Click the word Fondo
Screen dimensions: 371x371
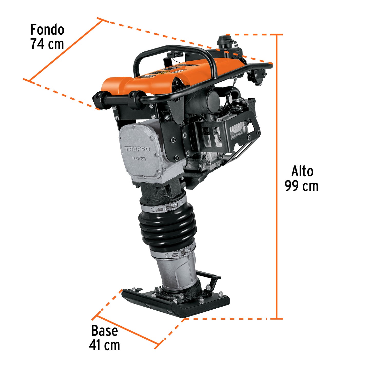[47, 30]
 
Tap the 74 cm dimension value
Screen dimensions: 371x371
[47, 44]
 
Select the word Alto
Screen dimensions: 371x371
[302, 171]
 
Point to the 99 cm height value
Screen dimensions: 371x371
[301, 186]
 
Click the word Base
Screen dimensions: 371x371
[104, 331]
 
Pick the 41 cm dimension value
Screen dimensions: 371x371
[104, 345]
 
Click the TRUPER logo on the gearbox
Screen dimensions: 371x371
[137, 149]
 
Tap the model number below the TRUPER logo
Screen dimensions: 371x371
[139, 159]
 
